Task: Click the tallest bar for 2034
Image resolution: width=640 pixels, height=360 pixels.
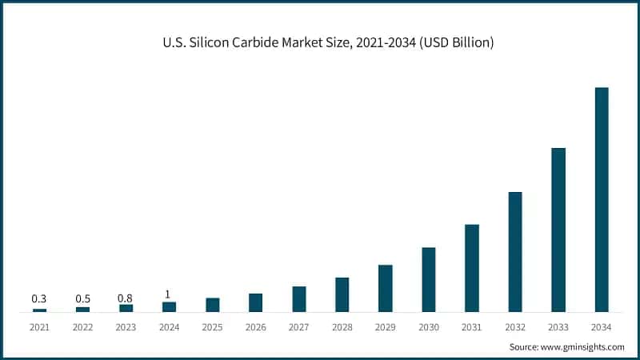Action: pyautogui.click(x=601, y=200)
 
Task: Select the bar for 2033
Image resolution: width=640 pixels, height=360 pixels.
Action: pyautogui.click(x=558, y=230)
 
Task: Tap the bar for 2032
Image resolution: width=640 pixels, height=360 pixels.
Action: pyautogui.click(x=514, y=252)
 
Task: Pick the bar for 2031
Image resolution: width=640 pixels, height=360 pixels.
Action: pyautogui.click(x=472, y=268)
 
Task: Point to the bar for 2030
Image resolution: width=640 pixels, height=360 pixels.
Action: pyautogui.click(x=429, y=279)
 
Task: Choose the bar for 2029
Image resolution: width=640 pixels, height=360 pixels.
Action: pyautogui.click(x=385, y=288)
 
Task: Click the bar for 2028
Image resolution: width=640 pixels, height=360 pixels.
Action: pyautogui.click(x=342, y=294)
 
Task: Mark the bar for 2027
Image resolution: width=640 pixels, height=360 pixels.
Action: pyautogui.click(x=298, y=299)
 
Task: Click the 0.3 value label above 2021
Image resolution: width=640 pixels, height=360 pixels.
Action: pyautogui.click(x=39, y=298)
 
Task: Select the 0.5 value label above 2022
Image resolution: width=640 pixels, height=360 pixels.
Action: pyautogui.click(x=82, y=298)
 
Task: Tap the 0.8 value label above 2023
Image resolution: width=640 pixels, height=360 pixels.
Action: pyautogui.click(x=126, y=298)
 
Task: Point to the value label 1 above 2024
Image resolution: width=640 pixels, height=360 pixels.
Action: pyautogui.click(x=168, y=294)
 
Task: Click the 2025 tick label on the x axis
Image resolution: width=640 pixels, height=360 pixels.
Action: pyautogui.click(x=212, y=327)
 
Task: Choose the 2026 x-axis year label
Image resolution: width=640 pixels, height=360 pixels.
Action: pyautogui.click(x=255, y=327)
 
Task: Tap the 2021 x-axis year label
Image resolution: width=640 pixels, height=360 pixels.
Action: pyautogui.click(x=39, y=327)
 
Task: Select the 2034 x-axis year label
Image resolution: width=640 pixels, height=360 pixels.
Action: pyautogui.click(x=601, y=327)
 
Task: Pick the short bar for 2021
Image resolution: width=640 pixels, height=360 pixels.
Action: pyautogui.click(x=39, y=310)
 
